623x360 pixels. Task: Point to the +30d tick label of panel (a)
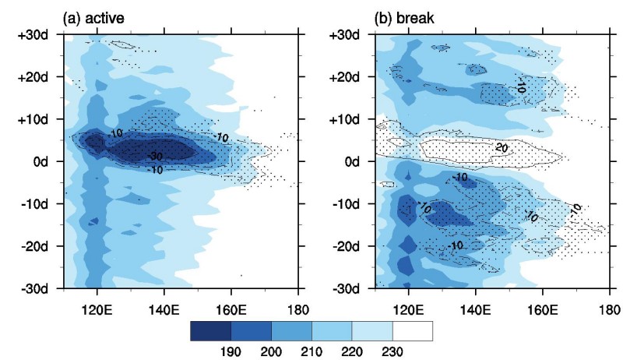[x=36, y=36]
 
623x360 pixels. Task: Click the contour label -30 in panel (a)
[x=155, y=156]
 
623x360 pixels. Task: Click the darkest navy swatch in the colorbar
[x=210, y=331]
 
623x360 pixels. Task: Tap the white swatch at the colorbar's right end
[x=413, y=331]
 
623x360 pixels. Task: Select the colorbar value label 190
[x=231, y=351]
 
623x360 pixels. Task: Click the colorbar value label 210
[x=311, y=351]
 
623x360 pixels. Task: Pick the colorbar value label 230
[x=392, y=351]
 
